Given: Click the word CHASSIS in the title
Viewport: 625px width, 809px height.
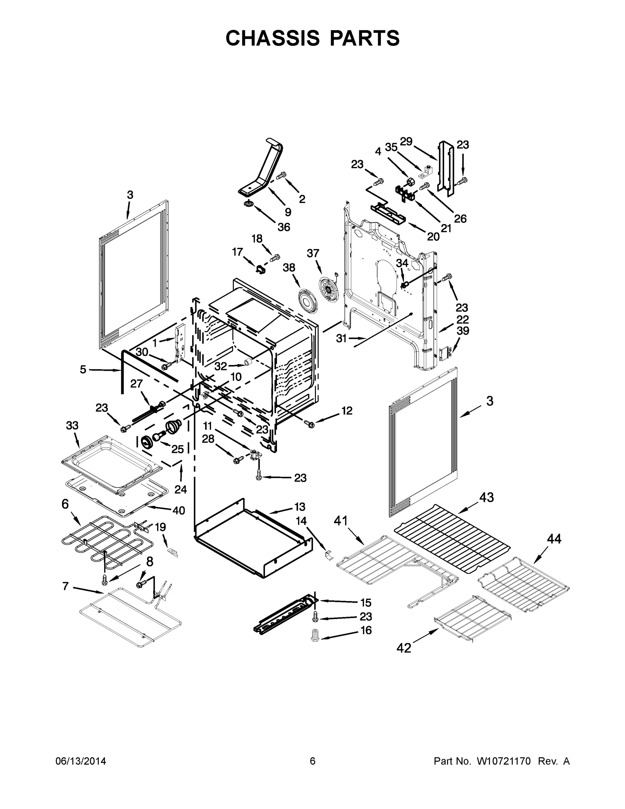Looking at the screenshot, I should (273, 38).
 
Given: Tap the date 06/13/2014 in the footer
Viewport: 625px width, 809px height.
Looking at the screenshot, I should (81, 761).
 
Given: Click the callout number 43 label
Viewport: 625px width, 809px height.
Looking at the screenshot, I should (487, 498).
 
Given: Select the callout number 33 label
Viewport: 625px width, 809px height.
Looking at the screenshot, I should (72, 426).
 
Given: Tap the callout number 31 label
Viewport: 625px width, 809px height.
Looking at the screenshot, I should (341, 338).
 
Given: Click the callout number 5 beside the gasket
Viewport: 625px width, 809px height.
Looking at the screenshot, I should (83, 369).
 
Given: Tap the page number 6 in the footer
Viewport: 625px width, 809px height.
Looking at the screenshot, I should (313, 761).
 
